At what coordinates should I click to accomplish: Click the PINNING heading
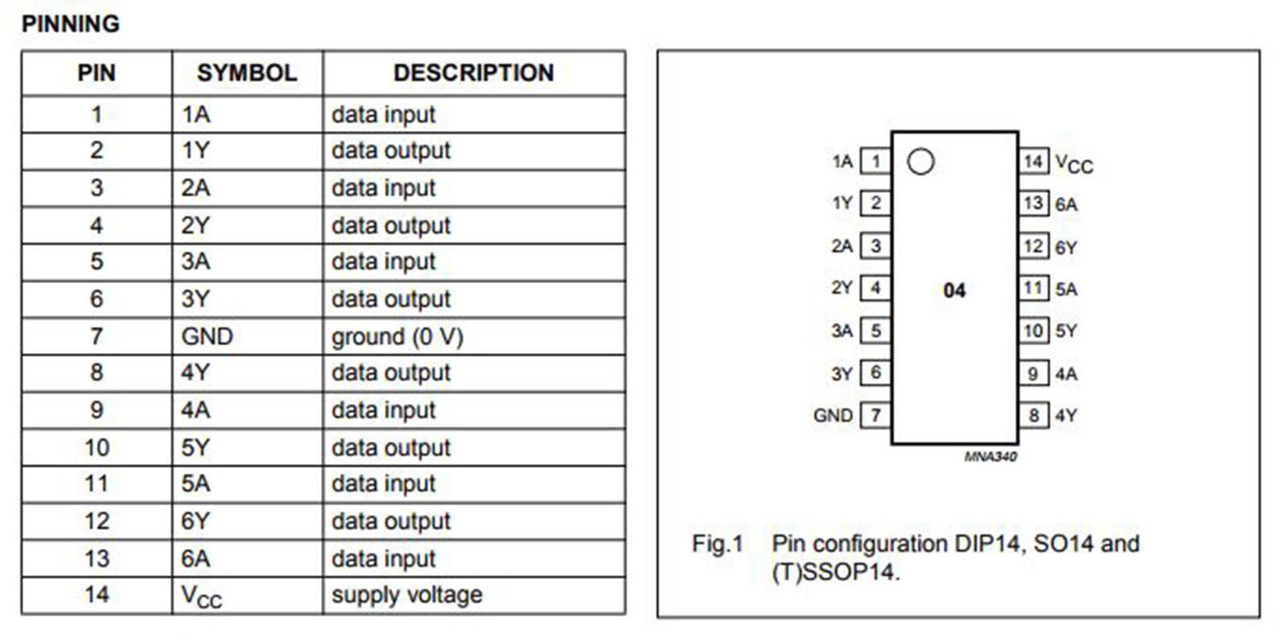(71, 24)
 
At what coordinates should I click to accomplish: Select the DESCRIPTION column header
(474, 73)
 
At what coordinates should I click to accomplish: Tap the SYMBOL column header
(247, 73)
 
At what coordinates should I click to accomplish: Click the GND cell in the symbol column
(207, 336)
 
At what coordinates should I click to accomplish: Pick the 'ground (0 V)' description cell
(397, 337)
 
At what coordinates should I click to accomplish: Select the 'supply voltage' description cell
(407, 595)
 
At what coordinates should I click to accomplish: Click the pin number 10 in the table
(97, 448)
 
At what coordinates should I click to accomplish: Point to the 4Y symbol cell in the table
(195, 372)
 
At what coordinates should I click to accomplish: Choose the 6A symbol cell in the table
(195, 558)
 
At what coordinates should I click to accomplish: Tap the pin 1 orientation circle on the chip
(920, 162)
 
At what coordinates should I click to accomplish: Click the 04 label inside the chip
(954, 290)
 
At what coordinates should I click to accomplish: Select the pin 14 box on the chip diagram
(1034, 162)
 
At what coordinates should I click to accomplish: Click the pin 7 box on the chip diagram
(876, 415)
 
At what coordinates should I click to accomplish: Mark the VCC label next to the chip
(1074, 164)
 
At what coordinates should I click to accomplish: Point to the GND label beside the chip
(833, 415)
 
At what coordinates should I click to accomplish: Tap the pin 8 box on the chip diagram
(1034, 415)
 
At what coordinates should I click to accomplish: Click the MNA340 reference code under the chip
(990, 456)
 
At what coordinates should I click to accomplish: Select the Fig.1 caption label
(718, 543)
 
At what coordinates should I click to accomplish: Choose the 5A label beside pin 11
(1067, 289)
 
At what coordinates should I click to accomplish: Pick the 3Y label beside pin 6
(841, 374)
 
